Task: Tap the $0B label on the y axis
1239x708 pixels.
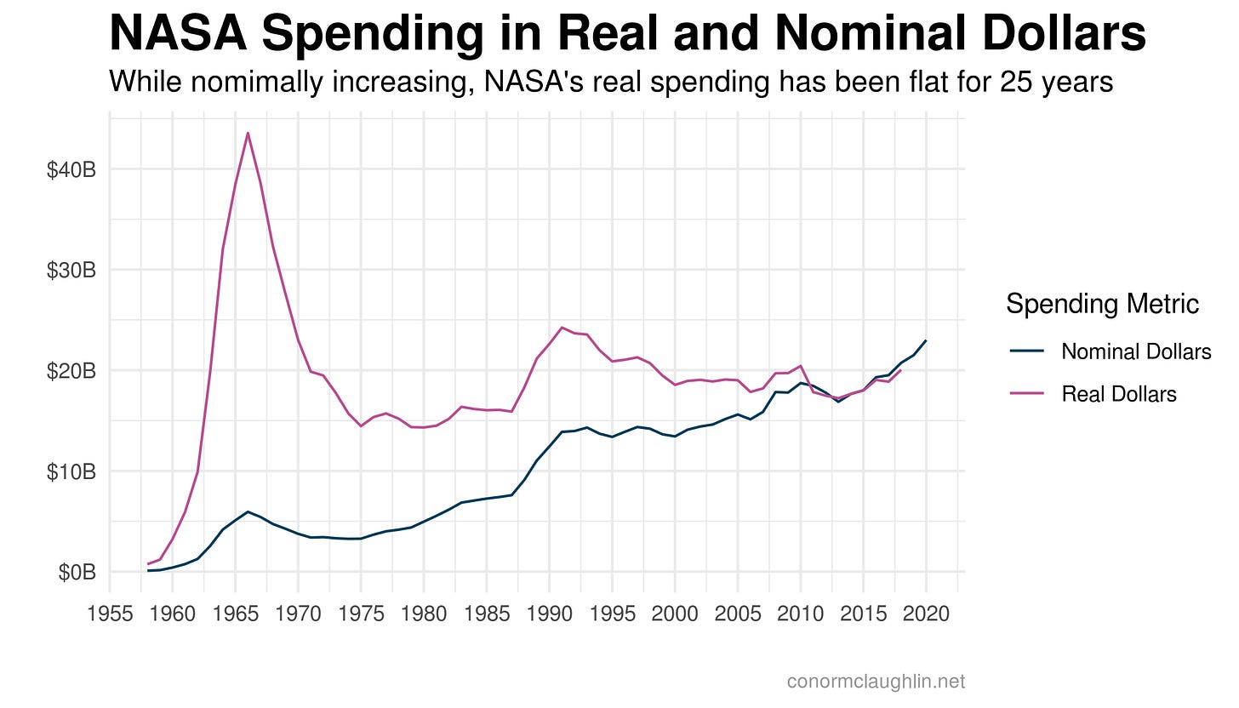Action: pos(76,572)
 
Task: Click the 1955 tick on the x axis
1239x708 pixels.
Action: pos(110,614)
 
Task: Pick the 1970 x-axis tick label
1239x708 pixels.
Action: pos(298,614)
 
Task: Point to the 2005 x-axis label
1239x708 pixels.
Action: pos(738,614)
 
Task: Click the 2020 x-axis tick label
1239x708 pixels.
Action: pos(926,614)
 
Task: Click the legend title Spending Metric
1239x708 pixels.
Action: pos(1102,304)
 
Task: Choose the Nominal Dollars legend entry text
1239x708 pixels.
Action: pos(1136,351)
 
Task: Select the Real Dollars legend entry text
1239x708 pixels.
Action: pos(1119,394)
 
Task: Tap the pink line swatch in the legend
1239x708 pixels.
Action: pos(1026,394)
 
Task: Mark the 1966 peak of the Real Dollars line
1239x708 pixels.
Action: pos(248,133)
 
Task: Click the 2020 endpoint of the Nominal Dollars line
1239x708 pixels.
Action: pos(926,340)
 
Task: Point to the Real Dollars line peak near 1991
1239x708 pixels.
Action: pos(562,327)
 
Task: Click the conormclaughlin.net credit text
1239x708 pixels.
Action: pos(876,681)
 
